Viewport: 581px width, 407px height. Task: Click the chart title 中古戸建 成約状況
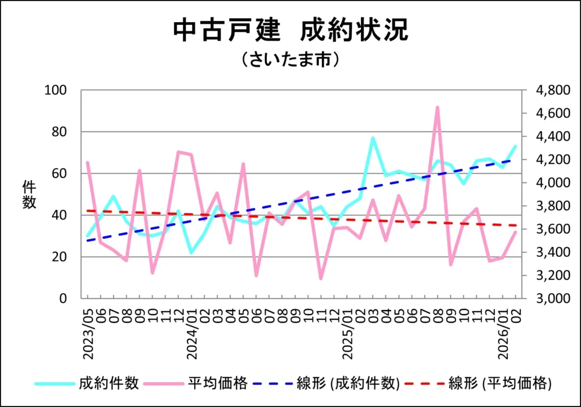[290, 32]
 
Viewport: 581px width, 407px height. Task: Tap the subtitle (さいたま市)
[290, 60]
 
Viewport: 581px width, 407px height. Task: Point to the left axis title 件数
[30, 194]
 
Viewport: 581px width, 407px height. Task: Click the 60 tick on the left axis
[59, 173]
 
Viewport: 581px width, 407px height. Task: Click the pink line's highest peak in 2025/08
[437, 107]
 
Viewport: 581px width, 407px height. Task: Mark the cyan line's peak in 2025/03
[373, 138]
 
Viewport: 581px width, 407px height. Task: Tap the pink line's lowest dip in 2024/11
[321, 278]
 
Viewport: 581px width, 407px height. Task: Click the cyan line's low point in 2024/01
[192, 252]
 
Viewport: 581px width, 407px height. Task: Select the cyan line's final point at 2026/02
[515, 146]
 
